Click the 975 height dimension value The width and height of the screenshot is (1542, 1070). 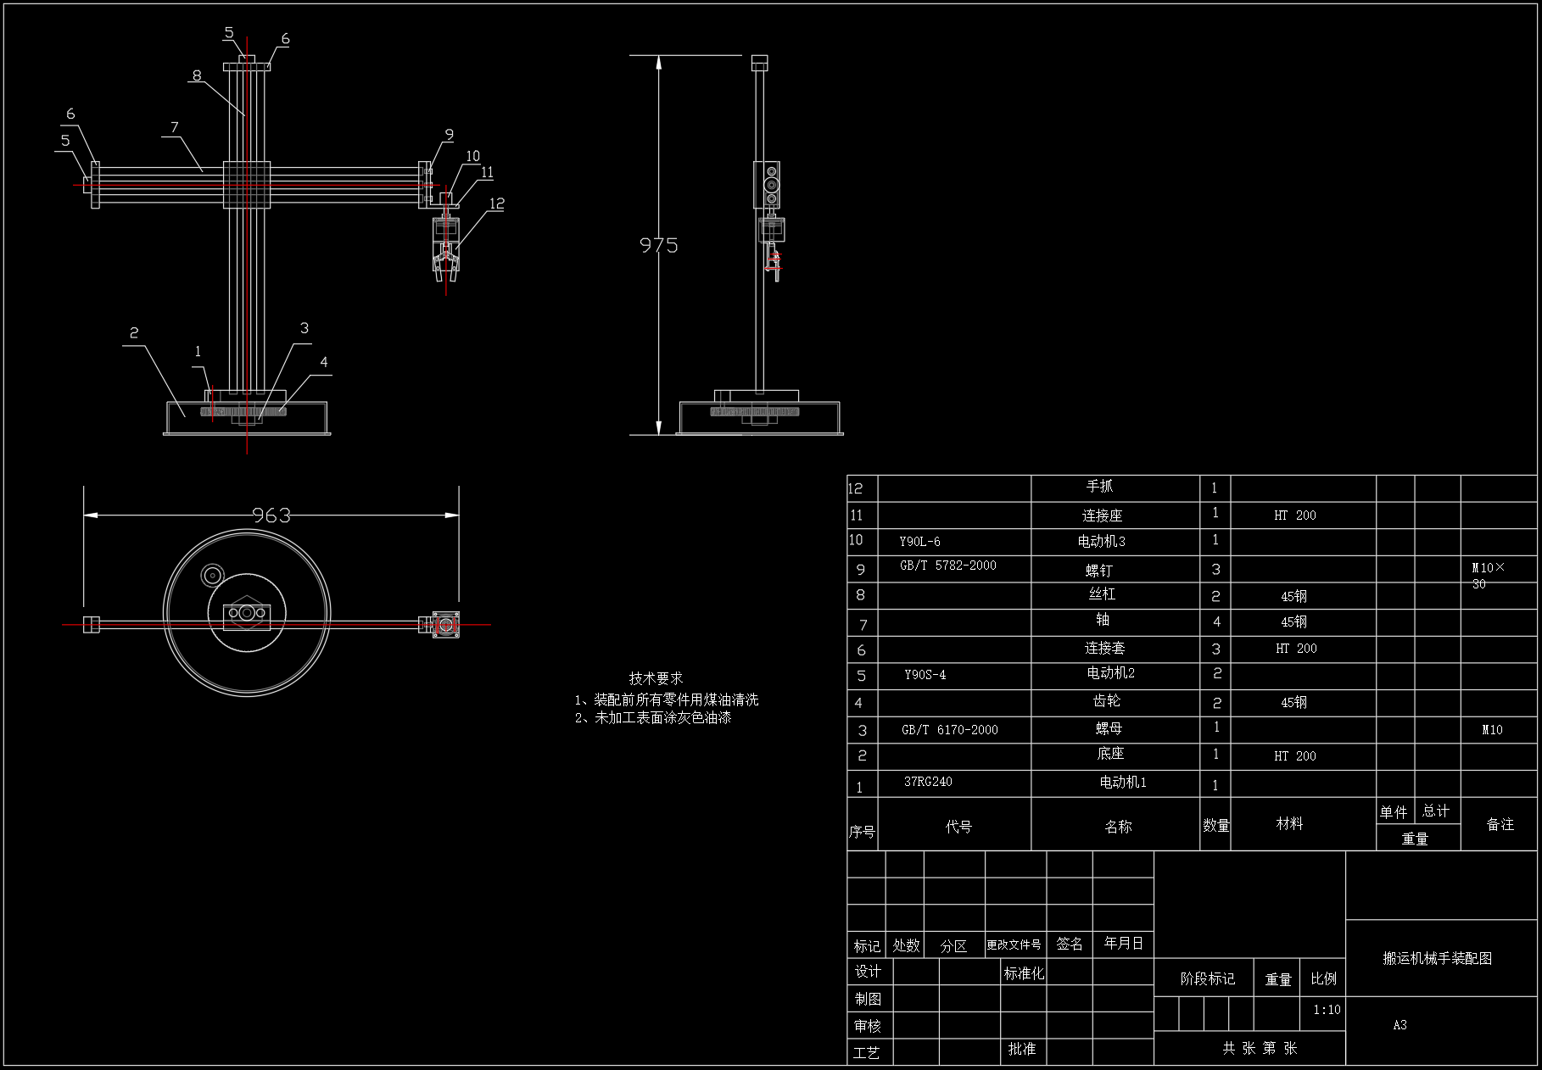[658, 245]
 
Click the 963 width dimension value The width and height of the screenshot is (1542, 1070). [271, 515]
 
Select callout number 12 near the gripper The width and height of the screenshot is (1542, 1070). [497, 203]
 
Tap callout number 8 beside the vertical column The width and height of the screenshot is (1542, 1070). [197, 75]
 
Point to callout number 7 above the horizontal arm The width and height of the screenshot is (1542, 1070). [175, 127]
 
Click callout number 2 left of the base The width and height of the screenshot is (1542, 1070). [134, 332]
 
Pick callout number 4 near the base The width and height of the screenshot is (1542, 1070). [324, 362]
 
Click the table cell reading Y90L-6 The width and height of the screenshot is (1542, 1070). [919, 541]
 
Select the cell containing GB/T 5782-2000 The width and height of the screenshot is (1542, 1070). [947, 566]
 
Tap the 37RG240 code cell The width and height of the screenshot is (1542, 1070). [928, 782]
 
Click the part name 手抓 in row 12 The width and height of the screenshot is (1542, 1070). [1099, 486]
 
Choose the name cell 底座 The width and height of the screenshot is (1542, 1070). [1109, 754]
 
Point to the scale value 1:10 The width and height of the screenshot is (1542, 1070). [1327, 1010]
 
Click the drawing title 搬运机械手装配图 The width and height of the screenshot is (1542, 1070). [1437, 958]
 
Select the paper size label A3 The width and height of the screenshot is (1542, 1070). [1400, 1025]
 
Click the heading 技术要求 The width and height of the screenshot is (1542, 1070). [656, 678]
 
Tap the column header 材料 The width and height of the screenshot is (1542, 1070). [1289, 823]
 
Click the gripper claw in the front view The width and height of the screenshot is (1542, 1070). [445, 259]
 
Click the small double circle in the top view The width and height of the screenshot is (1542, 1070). [211, 575]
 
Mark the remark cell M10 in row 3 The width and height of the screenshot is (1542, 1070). [1492, 729]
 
